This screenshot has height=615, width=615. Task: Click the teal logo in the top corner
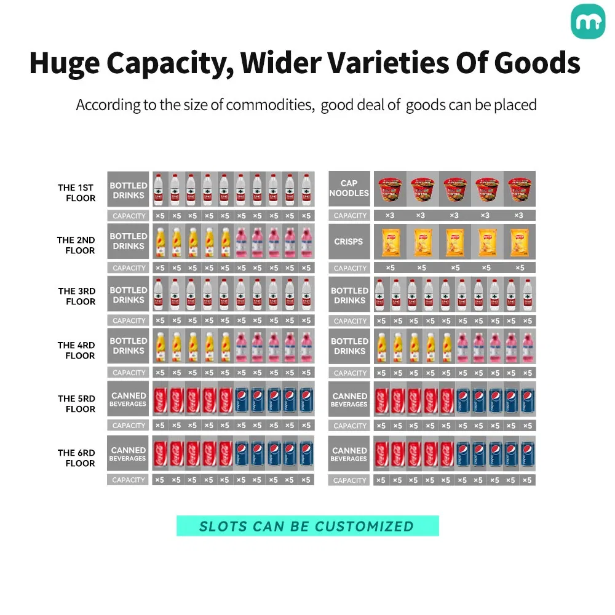click(x=588, y=22)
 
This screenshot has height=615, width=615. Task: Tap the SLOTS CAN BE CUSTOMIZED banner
click(x=307, y=526)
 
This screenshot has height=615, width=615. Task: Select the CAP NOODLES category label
click(x=349, y=188)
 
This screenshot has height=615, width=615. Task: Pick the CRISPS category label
click(x=349, y=242)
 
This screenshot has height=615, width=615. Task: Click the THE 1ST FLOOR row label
click(x=77, y=193)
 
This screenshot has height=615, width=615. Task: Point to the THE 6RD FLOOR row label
click(x=77, y=458)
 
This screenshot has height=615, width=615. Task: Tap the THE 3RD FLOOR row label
click(x=77, y=296)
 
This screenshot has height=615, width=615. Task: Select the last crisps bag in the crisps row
click(x=520, y=242)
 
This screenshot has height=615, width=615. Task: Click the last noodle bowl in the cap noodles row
click(x=519, y=188)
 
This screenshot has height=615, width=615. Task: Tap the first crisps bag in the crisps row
click(x=391, y=242)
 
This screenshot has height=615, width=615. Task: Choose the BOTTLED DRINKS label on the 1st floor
click(x=128, y=190)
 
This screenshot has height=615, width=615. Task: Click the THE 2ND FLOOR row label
click(x=77, y=245)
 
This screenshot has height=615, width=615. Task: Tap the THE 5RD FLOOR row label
click(x=77, y=403)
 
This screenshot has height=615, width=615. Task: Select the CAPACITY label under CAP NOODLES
click(x=349, y=216)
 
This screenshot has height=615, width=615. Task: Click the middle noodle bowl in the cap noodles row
click(x=454, y=188)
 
